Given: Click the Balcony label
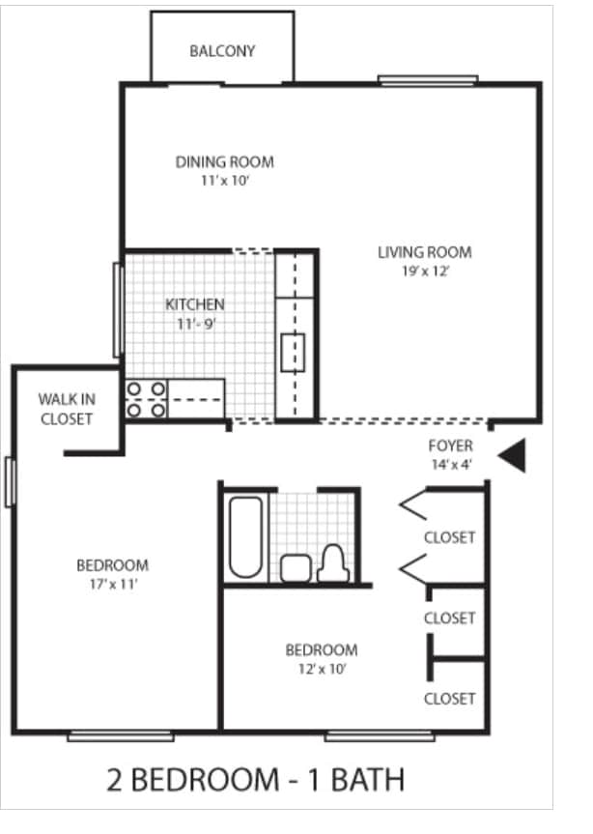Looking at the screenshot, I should point(222,51).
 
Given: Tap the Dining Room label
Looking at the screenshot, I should point(224,161).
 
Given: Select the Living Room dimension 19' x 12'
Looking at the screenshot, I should point(424,272).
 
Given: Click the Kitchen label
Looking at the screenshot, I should point(194,304).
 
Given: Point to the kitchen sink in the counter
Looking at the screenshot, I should point(293,352).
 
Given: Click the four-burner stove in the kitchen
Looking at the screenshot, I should point(146,399).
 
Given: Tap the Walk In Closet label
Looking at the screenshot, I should point(66,408).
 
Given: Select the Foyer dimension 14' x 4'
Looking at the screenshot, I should point(450,464).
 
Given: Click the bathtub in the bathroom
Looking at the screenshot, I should point(243,536).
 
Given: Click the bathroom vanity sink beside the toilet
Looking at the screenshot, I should point(294,568).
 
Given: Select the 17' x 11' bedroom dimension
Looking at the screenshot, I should point(113,584).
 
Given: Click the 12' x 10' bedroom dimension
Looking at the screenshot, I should point(321,668).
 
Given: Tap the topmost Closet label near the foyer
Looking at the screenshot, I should point(449,537).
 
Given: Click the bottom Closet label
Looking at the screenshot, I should point(449,698).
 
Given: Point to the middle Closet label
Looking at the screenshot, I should point(449,618).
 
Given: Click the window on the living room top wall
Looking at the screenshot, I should point(427,81).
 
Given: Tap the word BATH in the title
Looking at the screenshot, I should point(367,780).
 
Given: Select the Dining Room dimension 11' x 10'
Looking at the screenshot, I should point(224,180).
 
